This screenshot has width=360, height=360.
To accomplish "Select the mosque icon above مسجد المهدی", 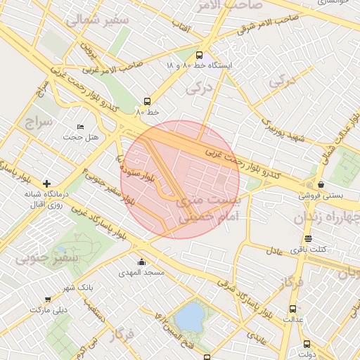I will (x=142, y=262).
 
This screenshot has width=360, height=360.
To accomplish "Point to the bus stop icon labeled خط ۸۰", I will (x=147, y=101).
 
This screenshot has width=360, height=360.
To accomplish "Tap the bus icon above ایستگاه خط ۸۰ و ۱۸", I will (x=199, y=55).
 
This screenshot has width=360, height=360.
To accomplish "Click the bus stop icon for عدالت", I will (x=292, y=309).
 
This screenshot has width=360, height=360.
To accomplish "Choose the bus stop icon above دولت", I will (x=307, y=344).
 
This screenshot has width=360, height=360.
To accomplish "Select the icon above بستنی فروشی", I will (x=321, y=184).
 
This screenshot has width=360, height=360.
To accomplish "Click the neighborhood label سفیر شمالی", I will (x=98, y=20).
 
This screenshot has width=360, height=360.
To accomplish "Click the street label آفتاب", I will (x=182, y=26).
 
